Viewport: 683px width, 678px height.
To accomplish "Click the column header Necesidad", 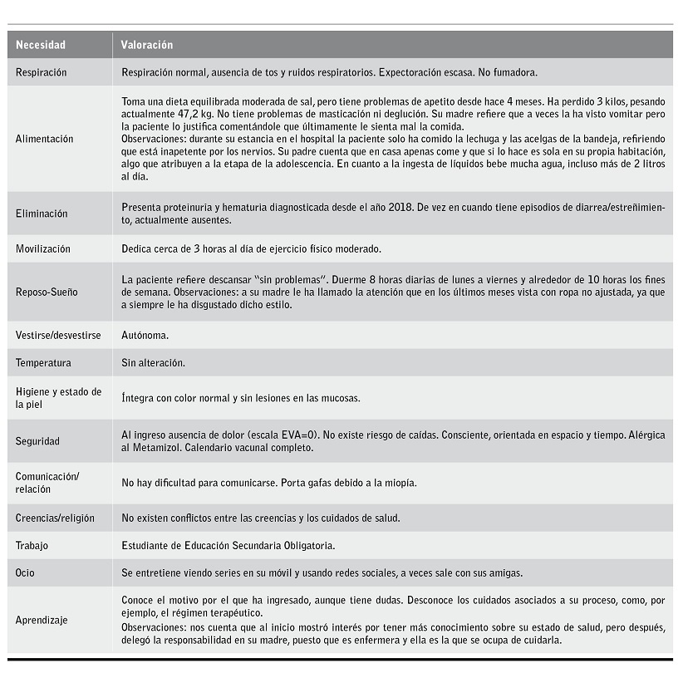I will click(41, 45).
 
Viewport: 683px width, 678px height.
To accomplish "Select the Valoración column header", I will click(146, 45).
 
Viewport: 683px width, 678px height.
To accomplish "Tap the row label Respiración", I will click(42, 72).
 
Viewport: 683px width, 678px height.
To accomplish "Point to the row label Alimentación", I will click(44, 139).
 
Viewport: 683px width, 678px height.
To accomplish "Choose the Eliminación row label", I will click(42, 214).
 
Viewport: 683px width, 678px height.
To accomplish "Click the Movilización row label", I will click(43, 248).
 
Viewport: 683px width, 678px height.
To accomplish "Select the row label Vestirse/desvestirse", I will click(57, 335).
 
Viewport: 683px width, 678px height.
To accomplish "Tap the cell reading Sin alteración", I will click(153, 363).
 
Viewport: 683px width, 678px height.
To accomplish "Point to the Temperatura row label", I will click(43, 363).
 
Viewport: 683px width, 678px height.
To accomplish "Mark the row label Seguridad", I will click(37, 441).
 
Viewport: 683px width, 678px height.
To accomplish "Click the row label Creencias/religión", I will click(55, 518).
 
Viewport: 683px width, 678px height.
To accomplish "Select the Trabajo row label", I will click(32, 545).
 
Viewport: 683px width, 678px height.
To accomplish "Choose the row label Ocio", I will click(26, 572).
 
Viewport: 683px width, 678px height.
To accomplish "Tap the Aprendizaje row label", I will click(42, 620).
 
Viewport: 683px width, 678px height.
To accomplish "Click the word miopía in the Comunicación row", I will click(399, 483).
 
